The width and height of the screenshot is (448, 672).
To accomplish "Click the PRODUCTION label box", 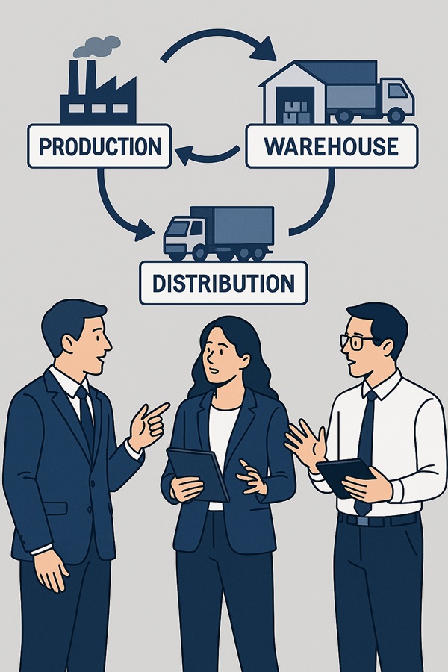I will [x=99, y=146].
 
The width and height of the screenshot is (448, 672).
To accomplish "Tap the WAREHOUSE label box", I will [x=332, y=146].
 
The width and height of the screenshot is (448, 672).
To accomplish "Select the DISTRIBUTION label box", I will [x=223, y=283].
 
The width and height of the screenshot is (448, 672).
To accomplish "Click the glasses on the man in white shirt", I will [x=358, y=341].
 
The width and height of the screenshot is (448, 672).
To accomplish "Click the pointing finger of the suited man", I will [x=158, y=410].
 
